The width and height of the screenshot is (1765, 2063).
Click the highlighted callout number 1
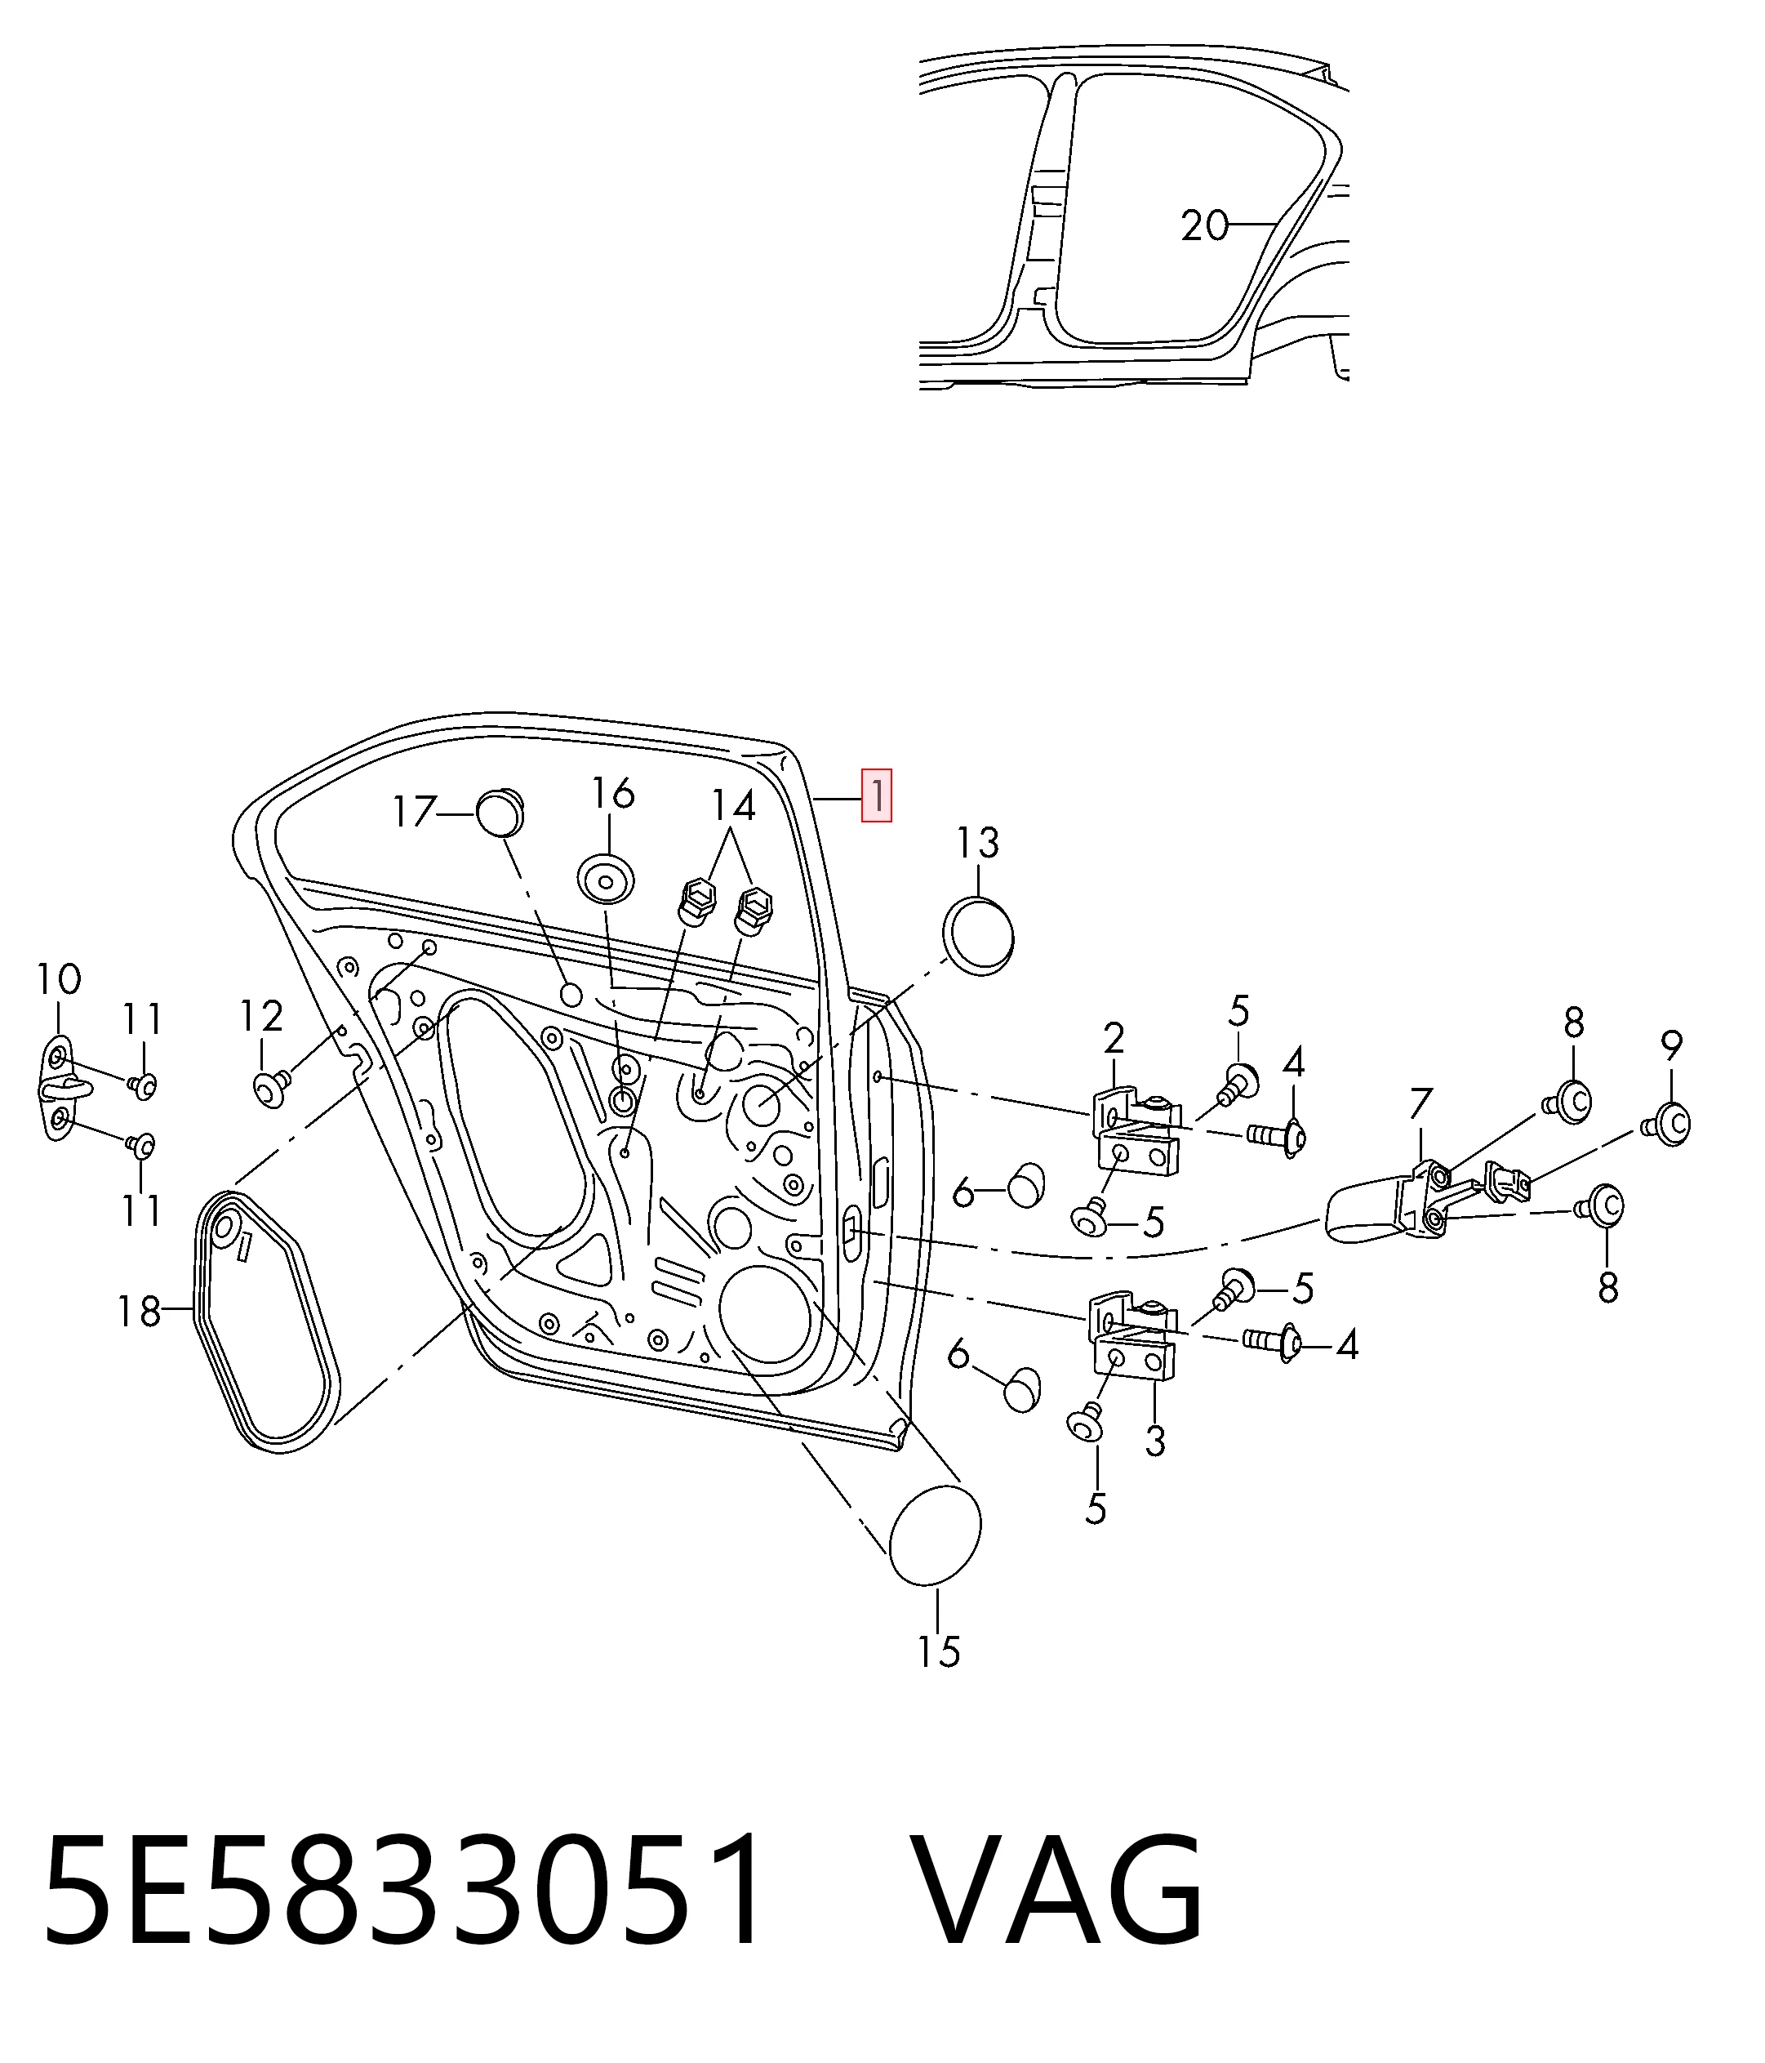(x=876, y=795)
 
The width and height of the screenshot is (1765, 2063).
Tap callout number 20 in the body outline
(x=1204, y=226)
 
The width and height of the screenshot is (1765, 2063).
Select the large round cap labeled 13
(x=977, y=935)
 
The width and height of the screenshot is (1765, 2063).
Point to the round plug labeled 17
(x=500, y=813)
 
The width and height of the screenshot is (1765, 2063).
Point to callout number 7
(x=1420, y=1104)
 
